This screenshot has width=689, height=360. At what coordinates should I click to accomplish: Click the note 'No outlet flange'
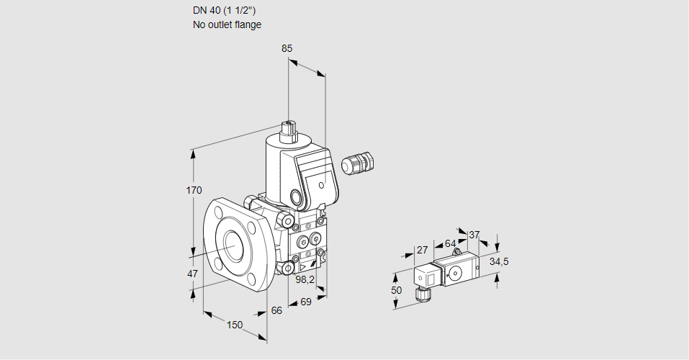coord(227,24)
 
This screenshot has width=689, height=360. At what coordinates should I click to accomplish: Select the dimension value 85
coord(287,48)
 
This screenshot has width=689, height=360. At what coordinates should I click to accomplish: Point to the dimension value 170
coord(194,191)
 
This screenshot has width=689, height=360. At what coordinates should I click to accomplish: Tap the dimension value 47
coord(192,274)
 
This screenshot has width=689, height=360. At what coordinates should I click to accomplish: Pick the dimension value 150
coord(235,325)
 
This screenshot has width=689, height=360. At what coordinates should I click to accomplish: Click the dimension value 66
coord(276,310)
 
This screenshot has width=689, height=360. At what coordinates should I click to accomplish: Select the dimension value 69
coord(305,302)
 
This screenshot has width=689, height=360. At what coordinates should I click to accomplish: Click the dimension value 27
coord(422,251)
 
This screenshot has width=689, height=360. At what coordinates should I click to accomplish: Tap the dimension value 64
coord(451,243)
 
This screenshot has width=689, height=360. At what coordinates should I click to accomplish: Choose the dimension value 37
coord(474,235)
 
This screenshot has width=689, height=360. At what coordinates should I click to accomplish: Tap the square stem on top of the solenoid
coord(289,130)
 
